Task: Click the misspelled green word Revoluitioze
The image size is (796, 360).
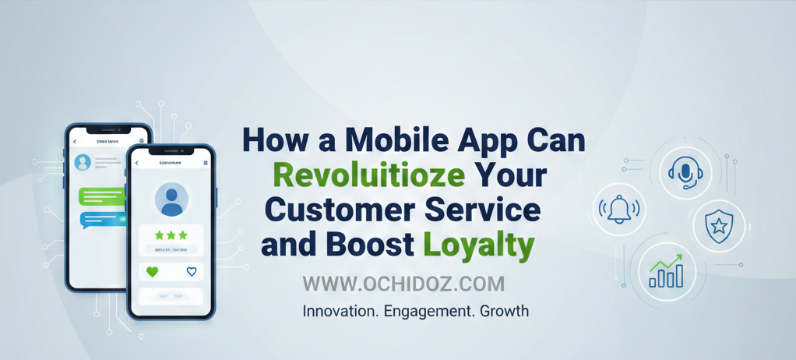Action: pyautogui.click(x=368, y=175)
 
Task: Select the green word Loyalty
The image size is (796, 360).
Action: pyautogui.click(x=479, y=245)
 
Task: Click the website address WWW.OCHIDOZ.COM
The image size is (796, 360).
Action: pyautogui.click(x=403, y=284)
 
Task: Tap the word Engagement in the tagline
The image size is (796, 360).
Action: pyautogui.click(x=424, y=311)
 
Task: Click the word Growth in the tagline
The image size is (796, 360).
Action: pyautogui.click(x=504, y=311)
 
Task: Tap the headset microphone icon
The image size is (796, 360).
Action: pyautogui.click(x=685, y=171)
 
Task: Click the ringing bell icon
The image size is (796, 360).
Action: pyautogui.click(x=619, y=209)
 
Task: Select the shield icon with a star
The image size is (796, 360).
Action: pyautogui.click(x=718, y=225)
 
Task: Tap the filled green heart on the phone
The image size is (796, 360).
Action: pyautogui.click(x=153, y=272)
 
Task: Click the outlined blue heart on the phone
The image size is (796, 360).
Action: pyautogui.click(x=192, y=272)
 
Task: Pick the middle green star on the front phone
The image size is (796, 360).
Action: pyautogui.click(x=171, y=235)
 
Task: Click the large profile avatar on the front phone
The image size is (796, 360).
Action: pyautogui.click(x=171, y=200)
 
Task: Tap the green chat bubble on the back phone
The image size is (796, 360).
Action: pyautogui.click(x=101, y=196)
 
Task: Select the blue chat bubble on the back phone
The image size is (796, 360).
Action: pyautogui.click(x=101, y=220)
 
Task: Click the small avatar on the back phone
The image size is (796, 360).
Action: pyautogui.click(x=83, y=162)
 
